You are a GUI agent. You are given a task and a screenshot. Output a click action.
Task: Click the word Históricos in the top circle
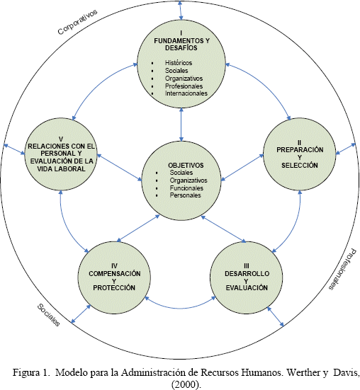[x=179, y=63]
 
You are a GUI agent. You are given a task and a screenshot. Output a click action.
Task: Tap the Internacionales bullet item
[x=186, y=93]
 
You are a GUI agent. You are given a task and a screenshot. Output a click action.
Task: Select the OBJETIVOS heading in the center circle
[x=186, y=165]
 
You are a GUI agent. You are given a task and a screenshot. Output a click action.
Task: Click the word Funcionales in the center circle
[x=186, y=188]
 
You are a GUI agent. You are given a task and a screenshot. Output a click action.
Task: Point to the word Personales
[x=185, y=195]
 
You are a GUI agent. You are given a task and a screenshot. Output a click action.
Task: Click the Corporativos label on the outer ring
[x=77, y=22]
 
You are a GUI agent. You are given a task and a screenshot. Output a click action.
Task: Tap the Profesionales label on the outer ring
[x=343, y=270]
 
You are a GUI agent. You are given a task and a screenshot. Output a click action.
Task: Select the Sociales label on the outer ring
[x=49, y=315]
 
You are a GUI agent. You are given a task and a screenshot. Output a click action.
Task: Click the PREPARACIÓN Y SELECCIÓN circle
[x=300, y=154]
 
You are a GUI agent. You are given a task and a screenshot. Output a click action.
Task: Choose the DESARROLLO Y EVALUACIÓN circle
[x=247, y=277]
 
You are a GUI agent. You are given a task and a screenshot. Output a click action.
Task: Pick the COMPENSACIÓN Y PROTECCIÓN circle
[x=114, y=277]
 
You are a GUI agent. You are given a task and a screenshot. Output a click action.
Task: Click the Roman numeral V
[x=61, y=139]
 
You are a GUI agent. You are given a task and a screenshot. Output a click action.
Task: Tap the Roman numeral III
[x=247, y=266]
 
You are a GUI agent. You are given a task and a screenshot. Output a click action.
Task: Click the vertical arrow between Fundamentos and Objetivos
[x=181, y=125]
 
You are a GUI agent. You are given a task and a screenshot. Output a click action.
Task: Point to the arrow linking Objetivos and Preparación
[x=242, y=167]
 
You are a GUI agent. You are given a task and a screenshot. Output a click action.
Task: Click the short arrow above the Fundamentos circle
[x=181, y=10]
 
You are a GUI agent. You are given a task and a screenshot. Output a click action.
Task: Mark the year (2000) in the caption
[x=186, y=384]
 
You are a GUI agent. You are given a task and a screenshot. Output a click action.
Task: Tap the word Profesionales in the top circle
[x=184, y=86]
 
